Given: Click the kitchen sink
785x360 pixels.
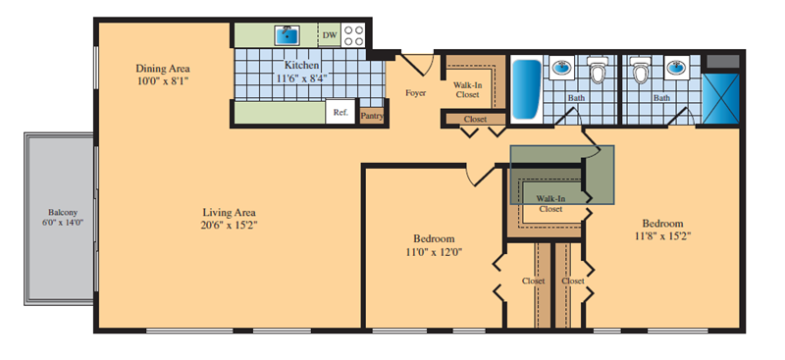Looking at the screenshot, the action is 287,35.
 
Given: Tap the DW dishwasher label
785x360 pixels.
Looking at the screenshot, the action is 329,35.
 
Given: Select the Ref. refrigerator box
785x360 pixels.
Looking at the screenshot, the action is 340,112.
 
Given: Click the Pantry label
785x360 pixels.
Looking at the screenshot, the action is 372,116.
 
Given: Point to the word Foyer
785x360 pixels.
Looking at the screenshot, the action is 415,92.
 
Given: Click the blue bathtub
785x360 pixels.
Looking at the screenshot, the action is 526,88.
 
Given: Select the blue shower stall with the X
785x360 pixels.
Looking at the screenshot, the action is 720,98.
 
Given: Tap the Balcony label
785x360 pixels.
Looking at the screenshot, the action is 63,212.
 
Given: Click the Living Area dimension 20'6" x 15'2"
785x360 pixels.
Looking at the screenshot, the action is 230,226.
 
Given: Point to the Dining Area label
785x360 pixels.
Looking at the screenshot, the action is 163,68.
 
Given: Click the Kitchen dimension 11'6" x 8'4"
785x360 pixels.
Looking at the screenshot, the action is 302,77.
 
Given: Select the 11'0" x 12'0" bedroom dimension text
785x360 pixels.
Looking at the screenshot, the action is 434,252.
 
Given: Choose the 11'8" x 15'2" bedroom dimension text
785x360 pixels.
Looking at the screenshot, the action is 663,236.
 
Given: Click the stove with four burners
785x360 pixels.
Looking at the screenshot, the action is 354,35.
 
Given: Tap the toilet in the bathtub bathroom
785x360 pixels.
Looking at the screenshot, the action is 598,69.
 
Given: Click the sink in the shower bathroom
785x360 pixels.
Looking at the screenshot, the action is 677,66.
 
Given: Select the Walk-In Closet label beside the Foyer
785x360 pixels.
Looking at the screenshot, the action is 468,89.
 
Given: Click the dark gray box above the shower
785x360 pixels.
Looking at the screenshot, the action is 722,62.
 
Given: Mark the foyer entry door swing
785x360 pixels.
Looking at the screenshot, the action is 420,64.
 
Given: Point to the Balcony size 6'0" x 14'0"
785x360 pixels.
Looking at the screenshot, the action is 63,223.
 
